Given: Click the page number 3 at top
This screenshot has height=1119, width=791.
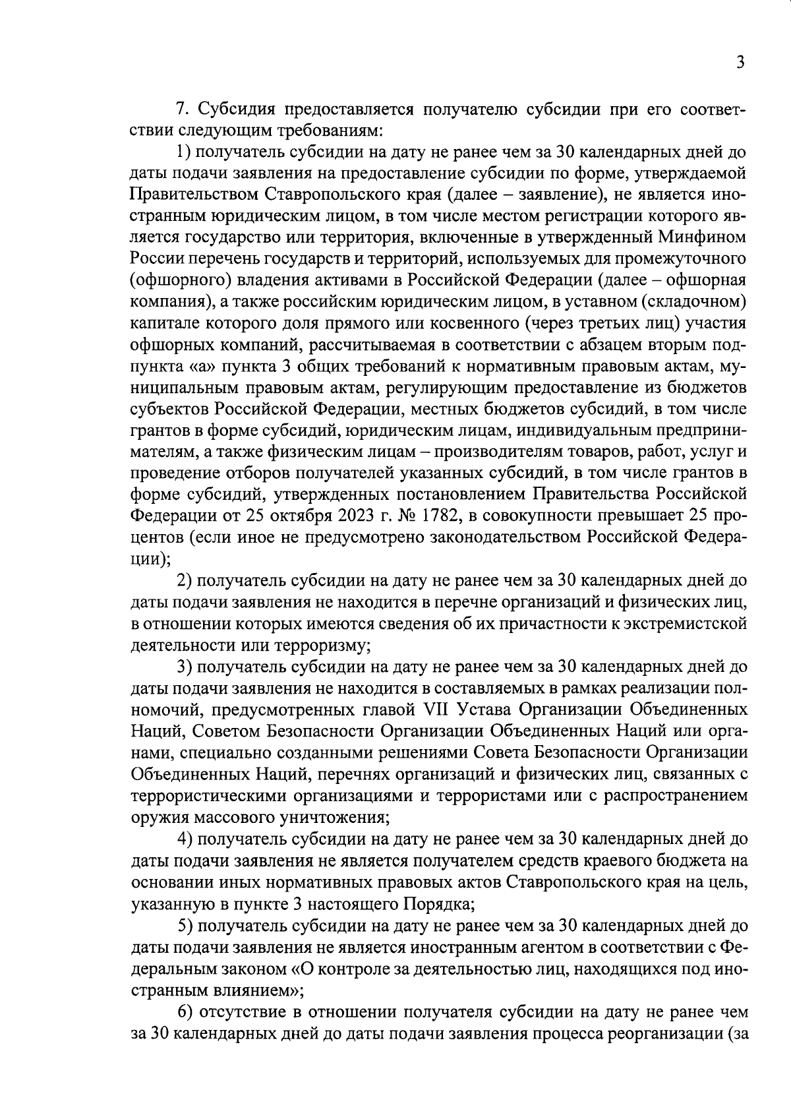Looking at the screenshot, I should click(x=740, y=63).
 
